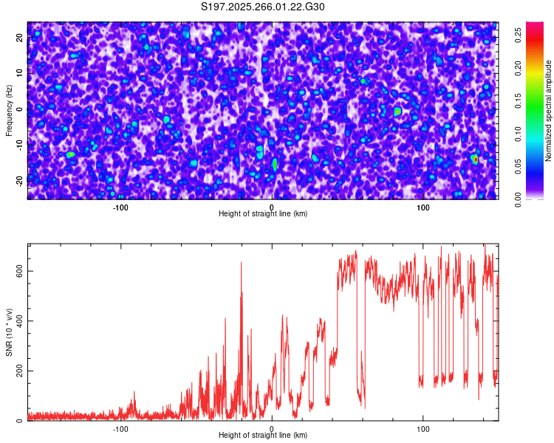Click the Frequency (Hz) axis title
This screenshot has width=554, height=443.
click(x=9, y=110)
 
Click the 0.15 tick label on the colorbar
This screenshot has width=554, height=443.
click(x=519, y=100)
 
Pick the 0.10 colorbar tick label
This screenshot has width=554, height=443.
click(x=519, y=133)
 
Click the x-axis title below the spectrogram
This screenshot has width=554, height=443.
click(x=263, y=214)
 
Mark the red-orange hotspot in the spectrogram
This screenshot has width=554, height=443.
click(x=476, y=159)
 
